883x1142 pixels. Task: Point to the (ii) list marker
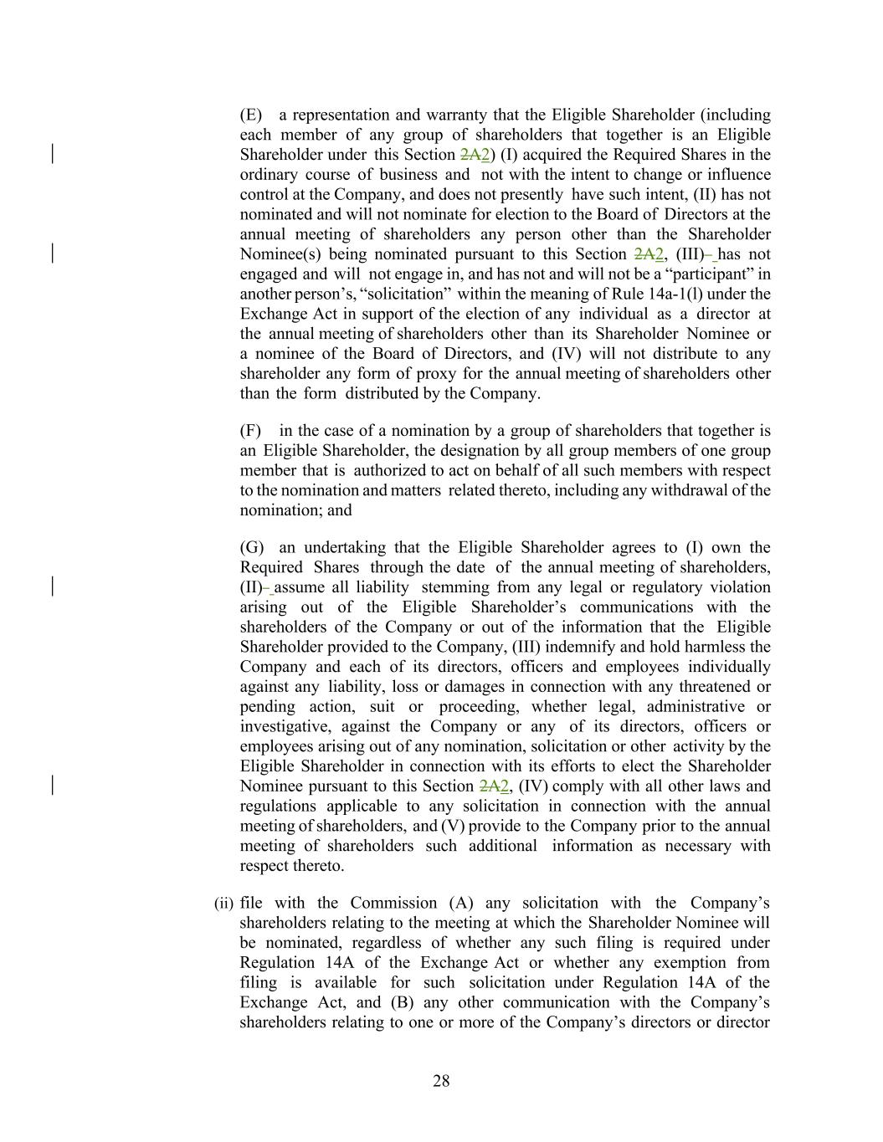(223, 904)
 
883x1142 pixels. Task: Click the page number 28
(441, 1081)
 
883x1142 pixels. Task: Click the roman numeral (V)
(452, 827)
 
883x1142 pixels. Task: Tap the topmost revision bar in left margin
(54, 154)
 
